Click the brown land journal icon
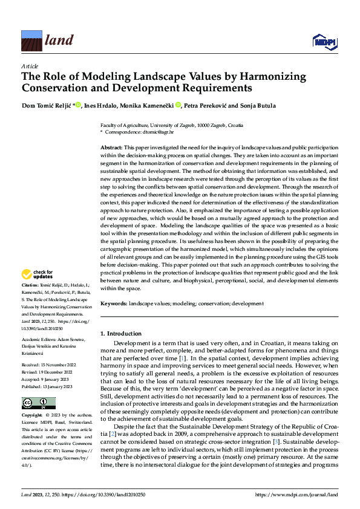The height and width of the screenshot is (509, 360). [x=31, y=41]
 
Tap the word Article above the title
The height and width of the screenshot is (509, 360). [x=30, y=65]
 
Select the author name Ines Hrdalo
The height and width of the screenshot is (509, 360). [x=102, y=105]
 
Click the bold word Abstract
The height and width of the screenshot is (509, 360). [x=111, y=148]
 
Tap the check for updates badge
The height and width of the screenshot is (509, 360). [x=38, y=274]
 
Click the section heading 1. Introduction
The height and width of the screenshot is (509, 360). [x=121, y=334]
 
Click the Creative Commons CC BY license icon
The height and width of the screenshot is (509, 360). [x=38, y=386]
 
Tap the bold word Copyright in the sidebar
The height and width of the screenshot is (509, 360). [x=32, y=399]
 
